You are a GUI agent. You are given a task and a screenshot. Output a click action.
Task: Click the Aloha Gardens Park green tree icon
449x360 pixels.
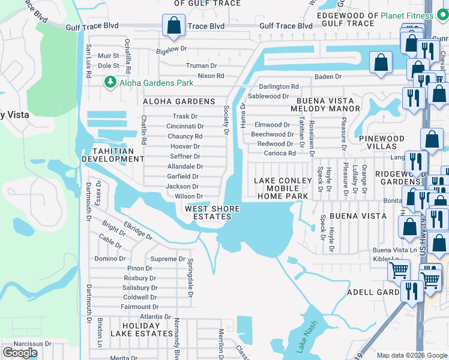click(110, 82)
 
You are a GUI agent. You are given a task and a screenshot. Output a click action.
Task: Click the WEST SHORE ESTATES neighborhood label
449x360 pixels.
click(212, 213)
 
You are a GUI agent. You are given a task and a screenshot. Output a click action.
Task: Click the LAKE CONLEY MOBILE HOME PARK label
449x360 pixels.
click(283, 188)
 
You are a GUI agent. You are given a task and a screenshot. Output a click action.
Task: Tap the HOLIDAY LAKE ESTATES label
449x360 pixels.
click(142, 329)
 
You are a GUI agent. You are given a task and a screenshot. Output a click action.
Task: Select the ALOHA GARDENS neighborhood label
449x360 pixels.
click(178, 101)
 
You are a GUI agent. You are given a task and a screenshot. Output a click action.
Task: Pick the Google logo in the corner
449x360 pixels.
click(20, 353)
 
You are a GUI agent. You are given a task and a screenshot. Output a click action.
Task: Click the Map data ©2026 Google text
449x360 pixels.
click(412, 355)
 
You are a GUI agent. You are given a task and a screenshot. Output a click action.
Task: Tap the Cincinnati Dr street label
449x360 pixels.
click(189, 126)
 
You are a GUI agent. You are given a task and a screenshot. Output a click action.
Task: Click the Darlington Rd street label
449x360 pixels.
click(278, 86)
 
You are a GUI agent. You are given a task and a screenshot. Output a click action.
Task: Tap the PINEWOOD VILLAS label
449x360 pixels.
click(382, 143)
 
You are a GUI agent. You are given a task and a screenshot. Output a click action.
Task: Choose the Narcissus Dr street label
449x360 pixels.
click(23, 344)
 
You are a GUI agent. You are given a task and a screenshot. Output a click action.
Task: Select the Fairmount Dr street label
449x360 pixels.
click(139, 307)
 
